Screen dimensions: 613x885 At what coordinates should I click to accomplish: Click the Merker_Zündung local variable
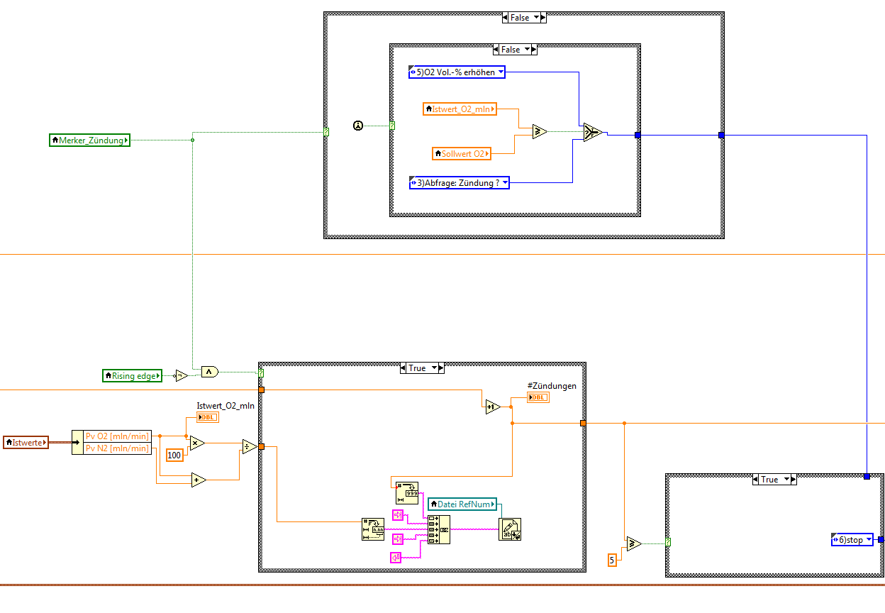[x=89, y=140]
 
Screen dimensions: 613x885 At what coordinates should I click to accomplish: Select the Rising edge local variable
[x=133, y=376]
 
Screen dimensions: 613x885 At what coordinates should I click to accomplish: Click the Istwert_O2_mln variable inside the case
[x=460, y=109]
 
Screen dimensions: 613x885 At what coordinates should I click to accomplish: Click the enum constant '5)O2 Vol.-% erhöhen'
[x=457, y=72]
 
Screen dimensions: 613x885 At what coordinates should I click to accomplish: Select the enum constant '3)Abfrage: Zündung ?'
[x=460, y=183]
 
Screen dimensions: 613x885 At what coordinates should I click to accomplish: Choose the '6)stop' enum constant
[x=852, y=540]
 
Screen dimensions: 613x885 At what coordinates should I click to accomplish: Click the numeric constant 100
[x=174, y=454]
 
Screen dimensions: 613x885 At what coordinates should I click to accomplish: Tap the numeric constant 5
[x=612, y=560]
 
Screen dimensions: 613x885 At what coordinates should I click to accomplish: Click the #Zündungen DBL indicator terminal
[x=538, y=397]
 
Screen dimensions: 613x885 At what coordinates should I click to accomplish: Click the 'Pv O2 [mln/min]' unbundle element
[x=116, y=436]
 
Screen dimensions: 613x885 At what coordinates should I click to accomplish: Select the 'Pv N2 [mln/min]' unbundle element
[x=116, y=448]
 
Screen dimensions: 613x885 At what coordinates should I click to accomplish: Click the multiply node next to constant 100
[x=197, y=443]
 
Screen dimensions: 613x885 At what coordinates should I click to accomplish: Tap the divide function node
[x=249, y=446]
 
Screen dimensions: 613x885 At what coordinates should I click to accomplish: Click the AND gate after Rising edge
[x=209, y=371]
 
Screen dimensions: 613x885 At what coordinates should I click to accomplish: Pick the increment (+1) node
[x=493, y=407]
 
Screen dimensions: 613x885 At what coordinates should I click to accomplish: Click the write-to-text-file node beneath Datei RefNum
[x=510, y=529]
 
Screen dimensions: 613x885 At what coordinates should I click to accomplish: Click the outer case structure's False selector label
[x=520, y=18]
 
